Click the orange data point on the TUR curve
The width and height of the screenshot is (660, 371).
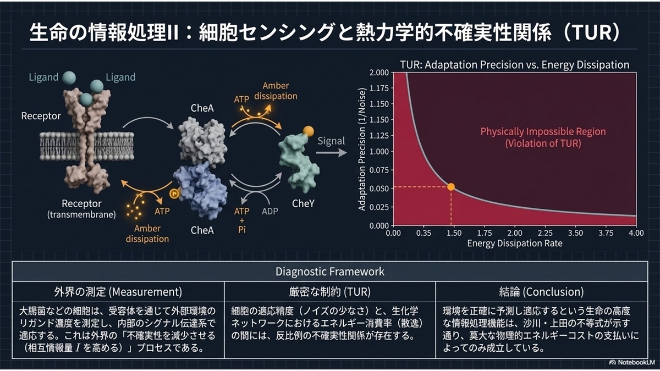click(x=451, y=187)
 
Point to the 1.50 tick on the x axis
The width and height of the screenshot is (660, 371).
click(x=454, y=233)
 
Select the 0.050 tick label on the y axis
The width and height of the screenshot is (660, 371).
click(x=379, y=189)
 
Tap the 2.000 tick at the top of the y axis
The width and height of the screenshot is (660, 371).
click(x=379, y=73)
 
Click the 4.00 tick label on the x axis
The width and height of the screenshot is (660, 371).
click(x=636, y=233)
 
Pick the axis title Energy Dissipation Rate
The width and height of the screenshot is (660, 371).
click(x=515, y=243)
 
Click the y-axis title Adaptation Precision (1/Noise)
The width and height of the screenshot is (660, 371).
click(x=362, y=149)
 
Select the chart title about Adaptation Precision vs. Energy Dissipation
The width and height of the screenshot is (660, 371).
click(x=514, y=65)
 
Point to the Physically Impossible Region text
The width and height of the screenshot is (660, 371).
click(x=543, y=131)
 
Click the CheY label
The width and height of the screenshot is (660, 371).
click(x=303, y=203)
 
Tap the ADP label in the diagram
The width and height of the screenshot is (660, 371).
click(x=269, y=211)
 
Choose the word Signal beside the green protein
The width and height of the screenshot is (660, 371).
click(x=331, y=141)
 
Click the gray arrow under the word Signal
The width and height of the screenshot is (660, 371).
click(x=331, y=153)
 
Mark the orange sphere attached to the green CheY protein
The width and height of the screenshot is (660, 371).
click(x=308, y=131)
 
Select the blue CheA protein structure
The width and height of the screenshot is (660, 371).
click(x=201, y=191)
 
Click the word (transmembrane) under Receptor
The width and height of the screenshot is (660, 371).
click(x=81, y=214)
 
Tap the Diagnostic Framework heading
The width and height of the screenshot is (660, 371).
click(x=329, y=272)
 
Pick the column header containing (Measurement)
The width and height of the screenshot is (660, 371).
click(x=118, y=292)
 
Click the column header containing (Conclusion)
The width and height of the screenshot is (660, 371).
click(x=541, y=292)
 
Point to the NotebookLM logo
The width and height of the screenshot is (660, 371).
click(x=632, y=362)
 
